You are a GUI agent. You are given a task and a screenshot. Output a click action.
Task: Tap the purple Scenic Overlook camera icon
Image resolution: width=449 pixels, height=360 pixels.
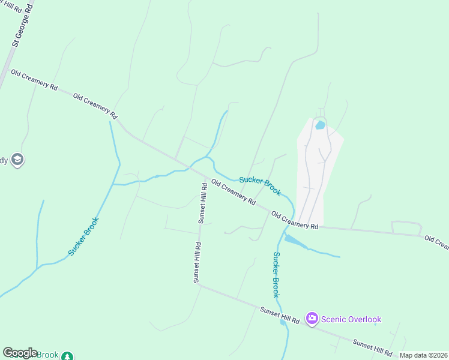click(312, 319)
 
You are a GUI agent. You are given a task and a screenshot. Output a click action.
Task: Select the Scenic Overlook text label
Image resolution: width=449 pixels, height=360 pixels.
click(351, 319)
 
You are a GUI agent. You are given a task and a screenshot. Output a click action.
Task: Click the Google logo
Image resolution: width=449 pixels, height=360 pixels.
click(20, 353)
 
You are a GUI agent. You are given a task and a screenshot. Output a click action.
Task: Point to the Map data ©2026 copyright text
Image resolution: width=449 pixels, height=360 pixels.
click(424, 355)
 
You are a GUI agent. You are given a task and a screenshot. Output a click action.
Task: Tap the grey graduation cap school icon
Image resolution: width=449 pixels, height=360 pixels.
click(17, 160)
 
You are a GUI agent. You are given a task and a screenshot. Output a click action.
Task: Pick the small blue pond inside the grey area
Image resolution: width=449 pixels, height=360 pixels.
click(320, 125)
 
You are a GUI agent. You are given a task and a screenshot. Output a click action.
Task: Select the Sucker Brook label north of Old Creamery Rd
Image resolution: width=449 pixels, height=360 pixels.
click(260, 185)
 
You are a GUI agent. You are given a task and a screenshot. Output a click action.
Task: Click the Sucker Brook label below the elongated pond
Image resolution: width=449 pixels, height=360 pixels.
click(276, 274)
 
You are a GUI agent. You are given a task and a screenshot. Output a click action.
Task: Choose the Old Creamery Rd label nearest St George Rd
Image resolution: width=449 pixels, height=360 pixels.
click(34, 80)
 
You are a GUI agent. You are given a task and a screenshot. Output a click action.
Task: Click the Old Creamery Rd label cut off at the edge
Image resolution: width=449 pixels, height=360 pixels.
click(436, 242)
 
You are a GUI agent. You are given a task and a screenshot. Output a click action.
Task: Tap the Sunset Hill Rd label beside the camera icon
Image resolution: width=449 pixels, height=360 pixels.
click(280, 316)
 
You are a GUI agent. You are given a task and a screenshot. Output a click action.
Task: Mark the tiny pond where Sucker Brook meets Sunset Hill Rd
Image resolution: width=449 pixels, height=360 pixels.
click(283, 323)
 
